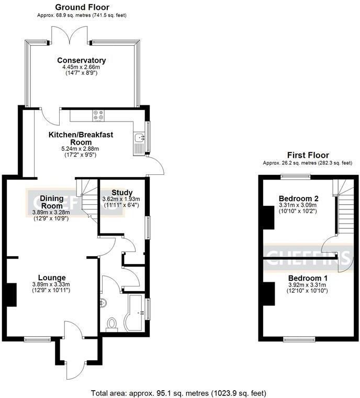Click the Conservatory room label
click(x=81, y=60)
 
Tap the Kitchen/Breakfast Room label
click(x=81, y=138)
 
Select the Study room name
click(x=122, y=192)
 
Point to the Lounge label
click(x=51, y=278)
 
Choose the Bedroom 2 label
click(x=299, y=198)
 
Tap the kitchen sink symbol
click(x=139, y=138)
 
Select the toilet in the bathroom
click(x=111, y=325)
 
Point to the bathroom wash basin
click(x=103, y=302)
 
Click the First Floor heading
click(x=308, y=155)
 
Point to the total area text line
click(x=178, y=392)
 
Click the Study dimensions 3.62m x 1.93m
click(x=122, y=200)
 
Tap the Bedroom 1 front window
click(x=299, y=339)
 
